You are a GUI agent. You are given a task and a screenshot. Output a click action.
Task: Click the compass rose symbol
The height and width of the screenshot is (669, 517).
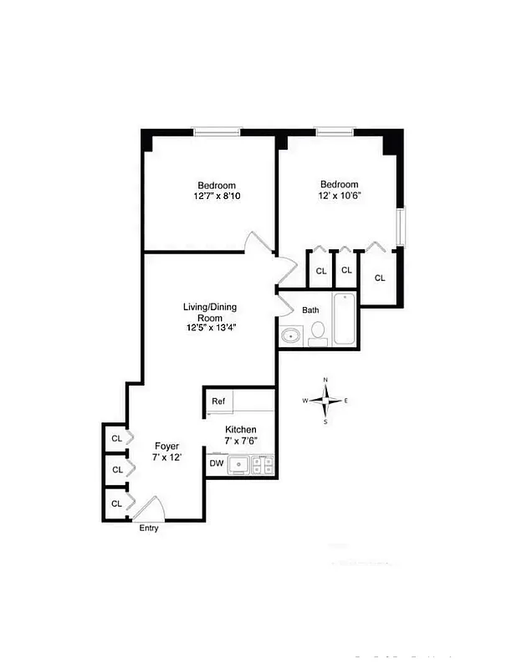point(325,401)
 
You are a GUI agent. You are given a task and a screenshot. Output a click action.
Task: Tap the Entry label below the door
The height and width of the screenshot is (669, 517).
point(148,528)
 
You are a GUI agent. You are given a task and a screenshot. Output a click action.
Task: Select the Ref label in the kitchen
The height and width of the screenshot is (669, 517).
point(218,401)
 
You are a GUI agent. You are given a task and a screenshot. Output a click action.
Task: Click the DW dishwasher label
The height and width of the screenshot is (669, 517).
point(217,462)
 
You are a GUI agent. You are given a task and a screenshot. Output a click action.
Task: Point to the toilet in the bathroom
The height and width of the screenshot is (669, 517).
point(318,333)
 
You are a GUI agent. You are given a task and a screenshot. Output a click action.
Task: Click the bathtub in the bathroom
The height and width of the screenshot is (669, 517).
point(346,319)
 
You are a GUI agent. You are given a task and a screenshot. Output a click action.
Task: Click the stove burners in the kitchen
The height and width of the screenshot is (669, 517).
point(264,464)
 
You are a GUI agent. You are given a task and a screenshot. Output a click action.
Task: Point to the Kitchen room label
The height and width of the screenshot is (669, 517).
point(240,430)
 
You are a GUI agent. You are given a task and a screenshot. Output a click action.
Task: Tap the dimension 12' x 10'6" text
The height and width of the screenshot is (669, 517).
point(339,196)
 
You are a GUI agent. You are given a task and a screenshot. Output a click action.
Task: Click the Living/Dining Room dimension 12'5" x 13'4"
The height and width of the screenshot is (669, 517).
point(211,328)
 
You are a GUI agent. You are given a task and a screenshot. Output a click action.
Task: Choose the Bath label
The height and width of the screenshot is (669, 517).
point(310,310)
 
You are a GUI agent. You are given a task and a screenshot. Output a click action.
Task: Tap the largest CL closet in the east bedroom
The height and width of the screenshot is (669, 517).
point(380,278)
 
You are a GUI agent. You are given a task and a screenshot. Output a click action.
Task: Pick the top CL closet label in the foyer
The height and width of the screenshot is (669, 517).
point(117,437)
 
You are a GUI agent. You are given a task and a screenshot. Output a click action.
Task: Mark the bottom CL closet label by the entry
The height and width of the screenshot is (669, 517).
point(117,503)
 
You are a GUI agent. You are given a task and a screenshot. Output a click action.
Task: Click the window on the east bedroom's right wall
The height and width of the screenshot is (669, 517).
point(400,226)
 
